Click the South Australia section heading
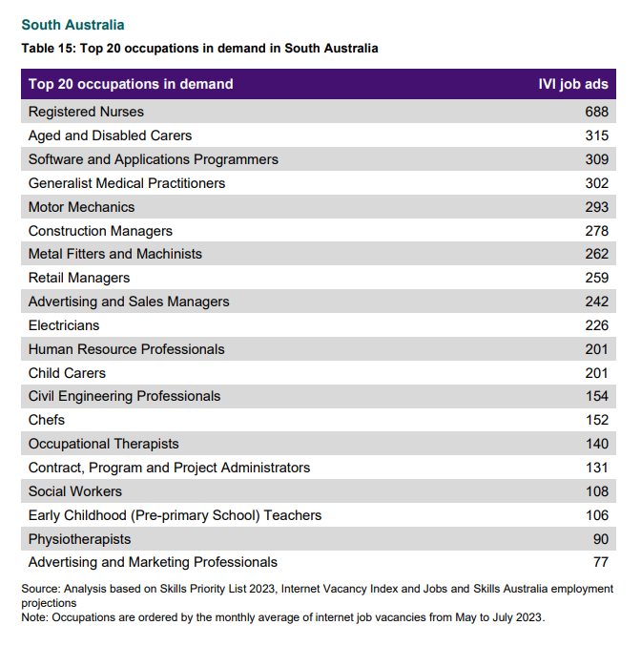[72, 25]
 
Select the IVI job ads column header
[573, 84]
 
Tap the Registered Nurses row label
[86, 112]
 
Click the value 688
[596, 112]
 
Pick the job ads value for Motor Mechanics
[596, 207]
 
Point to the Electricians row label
[64, 325]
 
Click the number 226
[596, 325]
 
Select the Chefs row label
[47, 420]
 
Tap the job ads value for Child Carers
[596, 373]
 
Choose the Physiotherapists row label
[79, 539]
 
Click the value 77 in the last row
[601, 562]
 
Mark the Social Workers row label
[75, 491]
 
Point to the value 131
[597, 468]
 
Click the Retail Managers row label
[79, 278]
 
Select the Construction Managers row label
[100, 231]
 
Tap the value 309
[596, 159]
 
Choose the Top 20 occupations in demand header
[131, 84]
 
